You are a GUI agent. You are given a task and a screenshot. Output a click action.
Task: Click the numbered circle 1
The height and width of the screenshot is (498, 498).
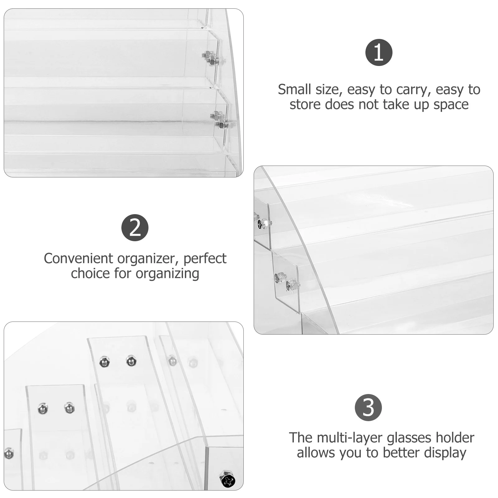(x=379, y=52)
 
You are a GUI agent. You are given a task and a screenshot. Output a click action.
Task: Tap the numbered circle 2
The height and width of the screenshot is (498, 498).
(x=135, y=228)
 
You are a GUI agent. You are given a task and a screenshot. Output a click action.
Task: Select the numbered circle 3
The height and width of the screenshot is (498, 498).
(x=368, y=407)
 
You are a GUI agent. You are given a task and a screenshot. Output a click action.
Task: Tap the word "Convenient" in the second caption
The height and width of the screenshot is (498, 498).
(x=78, y=259)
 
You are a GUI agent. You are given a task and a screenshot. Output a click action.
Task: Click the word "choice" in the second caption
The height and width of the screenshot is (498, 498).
(x=91, y=274)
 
